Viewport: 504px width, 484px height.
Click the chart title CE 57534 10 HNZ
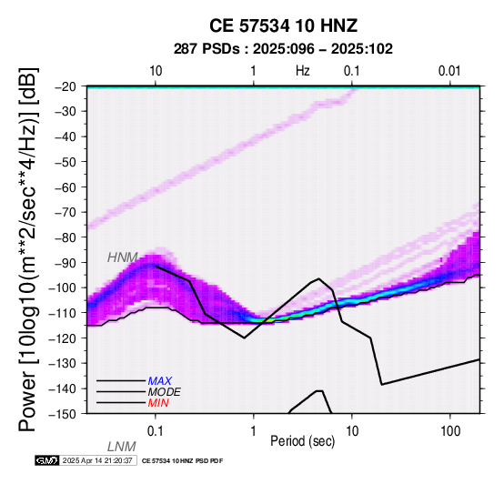(x=283, y=25)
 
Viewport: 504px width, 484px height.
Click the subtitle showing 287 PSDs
(x=283, y=49)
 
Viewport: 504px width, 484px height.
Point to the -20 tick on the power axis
(x=66, y=86)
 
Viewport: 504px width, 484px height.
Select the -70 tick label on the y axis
(x=66, y=212)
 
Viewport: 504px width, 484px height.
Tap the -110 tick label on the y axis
(x=63, y=312)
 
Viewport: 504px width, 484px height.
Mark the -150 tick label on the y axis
(x=63, y=414)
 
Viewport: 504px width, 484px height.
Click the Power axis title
(x=27, y=249)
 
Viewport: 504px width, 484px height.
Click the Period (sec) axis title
(x=302, y=441)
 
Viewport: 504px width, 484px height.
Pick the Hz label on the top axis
(x=302, y=71)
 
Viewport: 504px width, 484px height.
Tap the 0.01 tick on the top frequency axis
(x=449, y=71)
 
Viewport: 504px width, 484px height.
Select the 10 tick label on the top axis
(x=156, y=71)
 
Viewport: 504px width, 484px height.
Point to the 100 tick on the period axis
(x=450, y=431)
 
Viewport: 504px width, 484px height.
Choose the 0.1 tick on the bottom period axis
(x=156, y=431)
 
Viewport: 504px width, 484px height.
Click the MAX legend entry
(x=160, y=381)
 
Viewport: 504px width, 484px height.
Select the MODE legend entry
(x=165, y=392)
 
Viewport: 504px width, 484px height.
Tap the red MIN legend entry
(x=158, y=403)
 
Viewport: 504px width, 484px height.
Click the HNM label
(x=123, y=257)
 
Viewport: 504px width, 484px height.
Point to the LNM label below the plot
(x=122, y=447)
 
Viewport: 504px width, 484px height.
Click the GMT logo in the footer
(x=47, y=460)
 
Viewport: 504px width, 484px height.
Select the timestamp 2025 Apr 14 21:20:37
(x=97, y=460)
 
